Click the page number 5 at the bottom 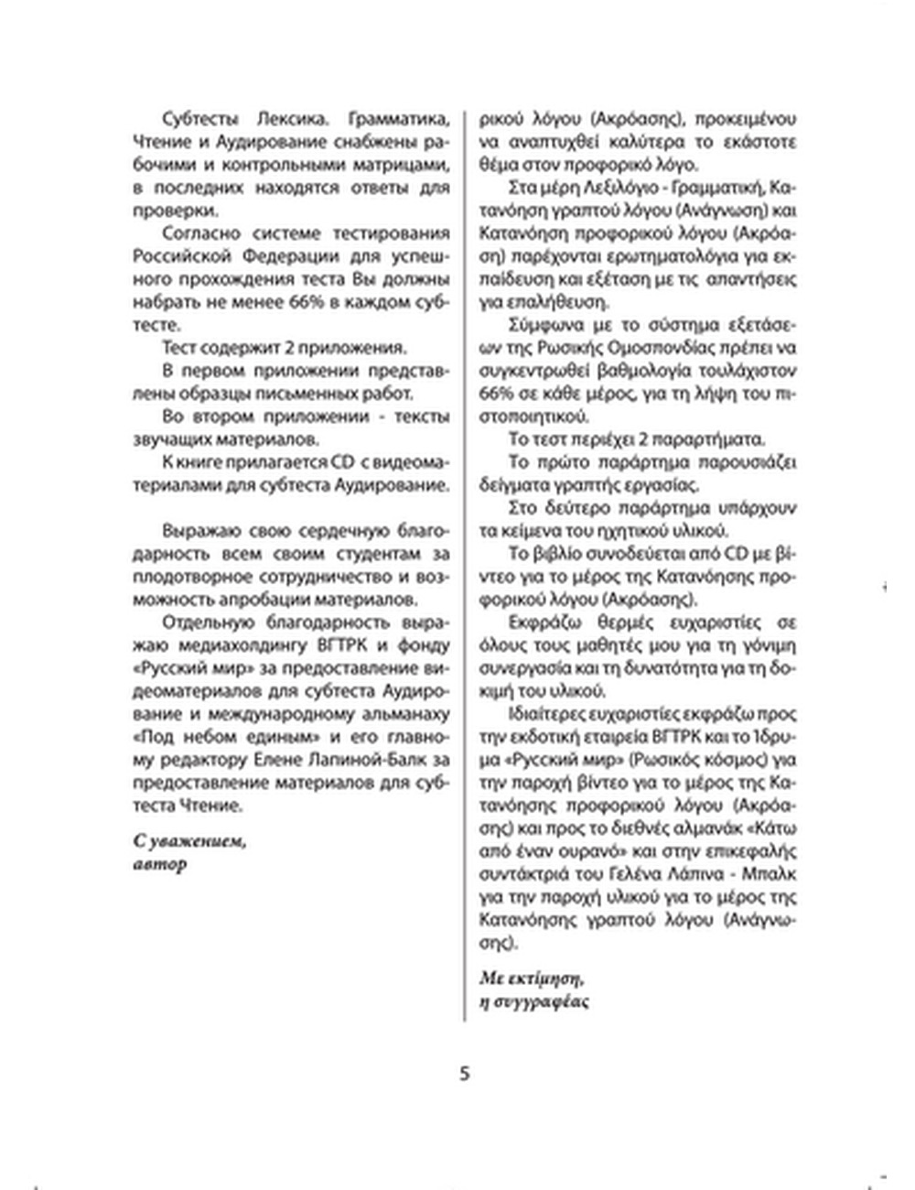coord(464,1073)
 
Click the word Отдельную coord(200,622)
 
